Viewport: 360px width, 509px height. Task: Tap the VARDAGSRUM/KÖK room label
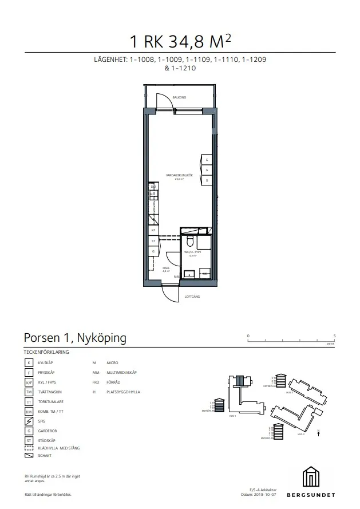(x=178, y=176)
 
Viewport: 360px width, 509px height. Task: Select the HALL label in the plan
(x=166, y=267)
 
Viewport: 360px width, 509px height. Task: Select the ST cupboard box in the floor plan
(x=153, y=241)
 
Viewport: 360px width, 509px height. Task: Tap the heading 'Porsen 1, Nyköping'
(x=75, y=338)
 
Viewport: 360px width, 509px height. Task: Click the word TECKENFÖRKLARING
(x=46, y=352)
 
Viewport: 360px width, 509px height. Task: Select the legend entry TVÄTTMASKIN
(x=50, y=392)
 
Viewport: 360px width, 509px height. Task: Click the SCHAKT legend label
(x=45, y=456)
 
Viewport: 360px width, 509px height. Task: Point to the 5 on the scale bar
(x=334, y=336)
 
